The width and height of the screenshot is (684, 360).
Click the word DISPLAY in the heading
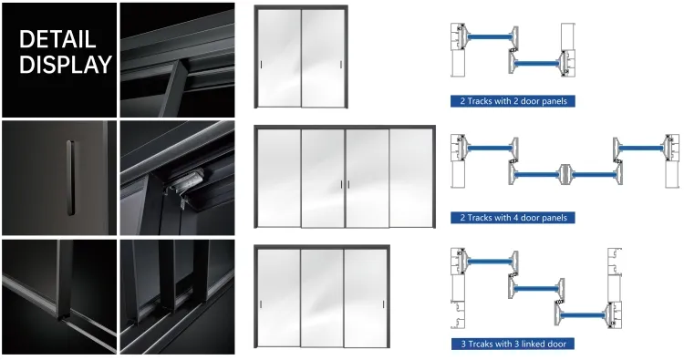tap(65, 65)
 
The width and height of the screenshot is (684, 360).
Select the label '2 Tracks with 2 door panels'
tap(512, 101)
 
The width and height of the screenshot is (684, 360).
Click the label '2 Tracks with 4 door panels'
tap(512, 218)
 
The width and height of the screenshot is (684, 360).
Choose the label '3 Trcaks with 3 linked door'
tap(512, 344)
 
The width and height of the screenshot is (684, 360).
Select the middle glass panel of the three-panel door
tap(323, 296)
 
